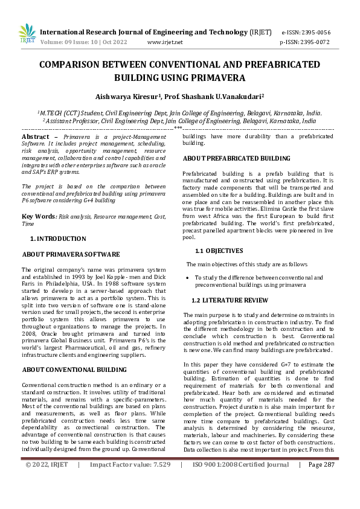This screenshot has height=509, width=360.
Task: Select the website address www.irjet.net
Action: click(165, 42)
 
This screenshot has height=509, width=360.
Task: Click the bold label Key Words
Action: click(39, 216)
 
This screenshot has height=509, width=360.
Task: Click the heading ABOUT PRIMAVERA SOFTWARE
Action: click(66, 255)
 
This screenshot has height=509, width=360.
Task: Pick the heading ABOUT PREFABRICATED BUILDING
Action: click(228, 158)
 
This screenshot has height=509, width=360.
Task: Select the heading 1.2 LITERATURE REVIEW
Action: click(230, 300)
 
